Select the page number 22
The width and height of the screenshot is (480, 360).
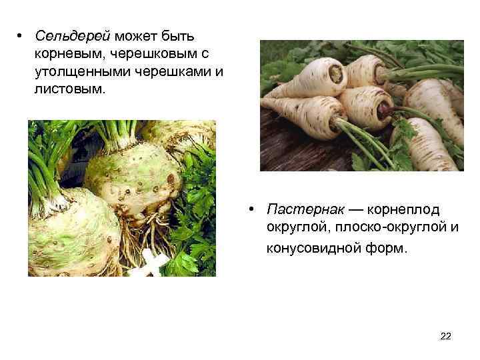tap(446, 336)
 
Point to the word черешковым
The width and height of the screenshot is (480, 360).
tap(139, 53)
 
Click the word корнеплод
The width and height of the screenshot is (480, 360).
tap(402, 211)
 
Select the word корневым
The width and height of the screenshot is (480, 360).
tap(65, 53)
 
